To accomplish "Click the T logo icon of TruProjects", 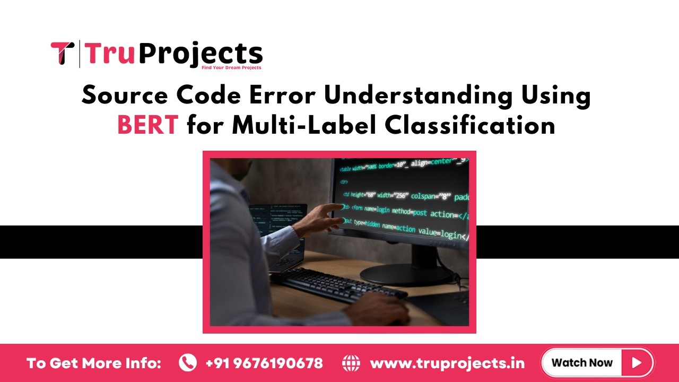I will (63, 53).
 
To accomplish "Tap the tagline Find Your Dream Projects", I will (231, 67).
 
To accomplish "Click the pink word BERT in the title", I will (147, 126).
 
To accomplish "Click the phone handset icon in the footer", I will (187, 363).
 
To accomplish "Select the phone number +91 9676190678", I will (264, 363).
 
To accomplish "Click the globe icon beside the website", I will (351, 363).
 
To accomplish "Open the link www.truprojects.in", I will (447, 363).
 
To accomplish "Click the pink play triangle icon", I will (637, 363).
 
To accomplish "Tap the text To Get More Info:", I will (94, 363).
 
